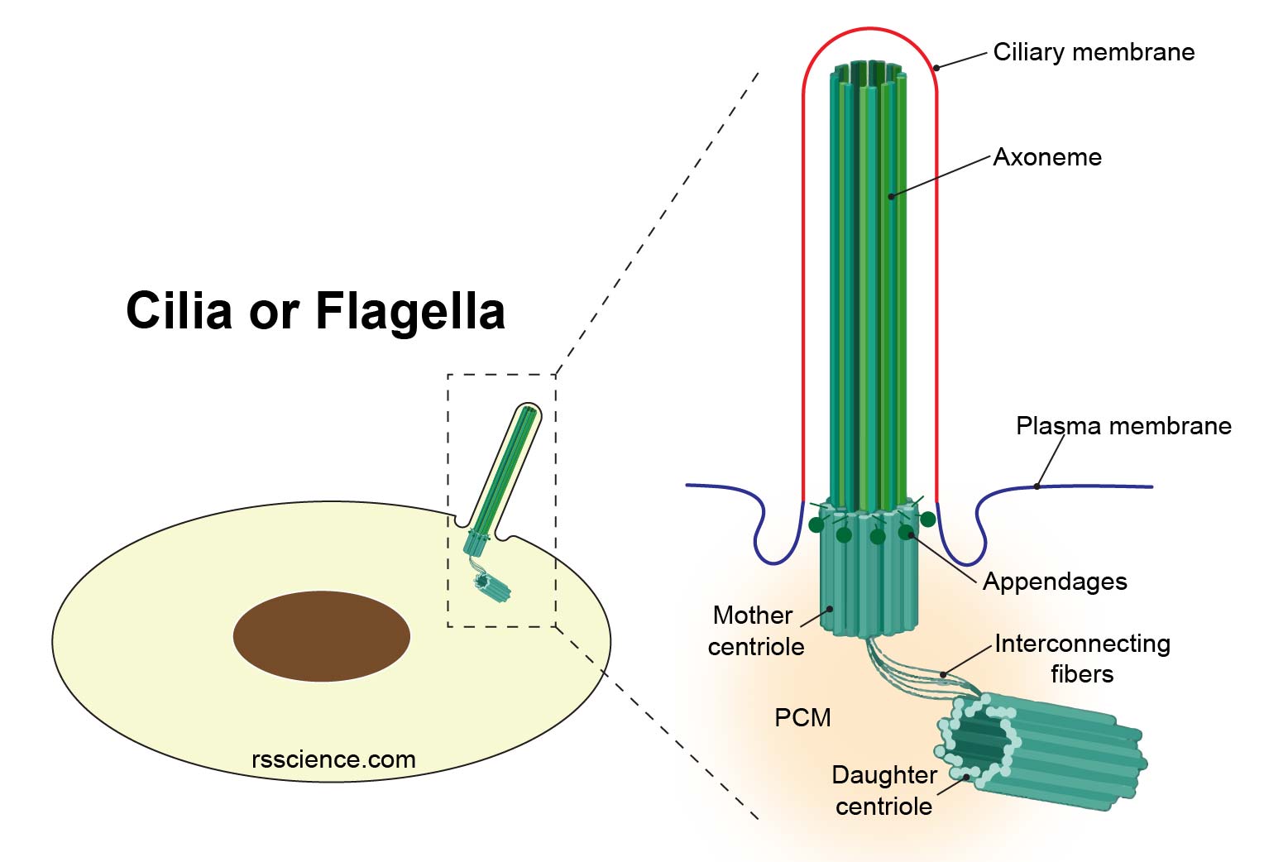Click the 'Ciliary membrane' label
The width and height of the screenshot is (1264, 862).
[1093, 52]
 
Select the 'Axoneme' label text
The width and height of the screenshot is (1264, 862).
[1047, 157]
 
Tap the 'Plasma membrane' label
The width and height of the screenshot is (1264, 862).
[1123, 426]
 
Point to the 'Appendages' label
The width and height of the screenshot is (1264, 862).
[1055, 582]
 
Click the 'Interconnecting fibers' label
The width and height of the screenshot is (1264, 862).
[1082, 658]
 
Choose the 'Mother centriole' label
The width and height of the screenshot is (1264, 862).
[754, 630]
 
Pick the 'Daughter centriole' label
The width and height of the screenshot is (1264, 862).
[883, 790]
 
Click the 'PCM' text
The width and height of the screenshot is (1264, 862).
[802, 717]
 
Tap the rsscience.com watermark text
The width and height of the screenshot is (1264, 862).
[333, 759]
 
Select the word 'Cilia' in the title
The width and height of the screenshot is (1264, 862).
[179, 311]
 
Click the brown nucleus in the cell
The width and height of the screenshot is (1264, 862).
[321, 635]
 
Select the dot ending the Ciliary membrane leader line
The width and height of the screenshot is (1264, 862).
[936, 68]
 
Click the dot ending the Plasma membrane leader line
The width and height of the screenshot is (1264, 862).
[1037, 486]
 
